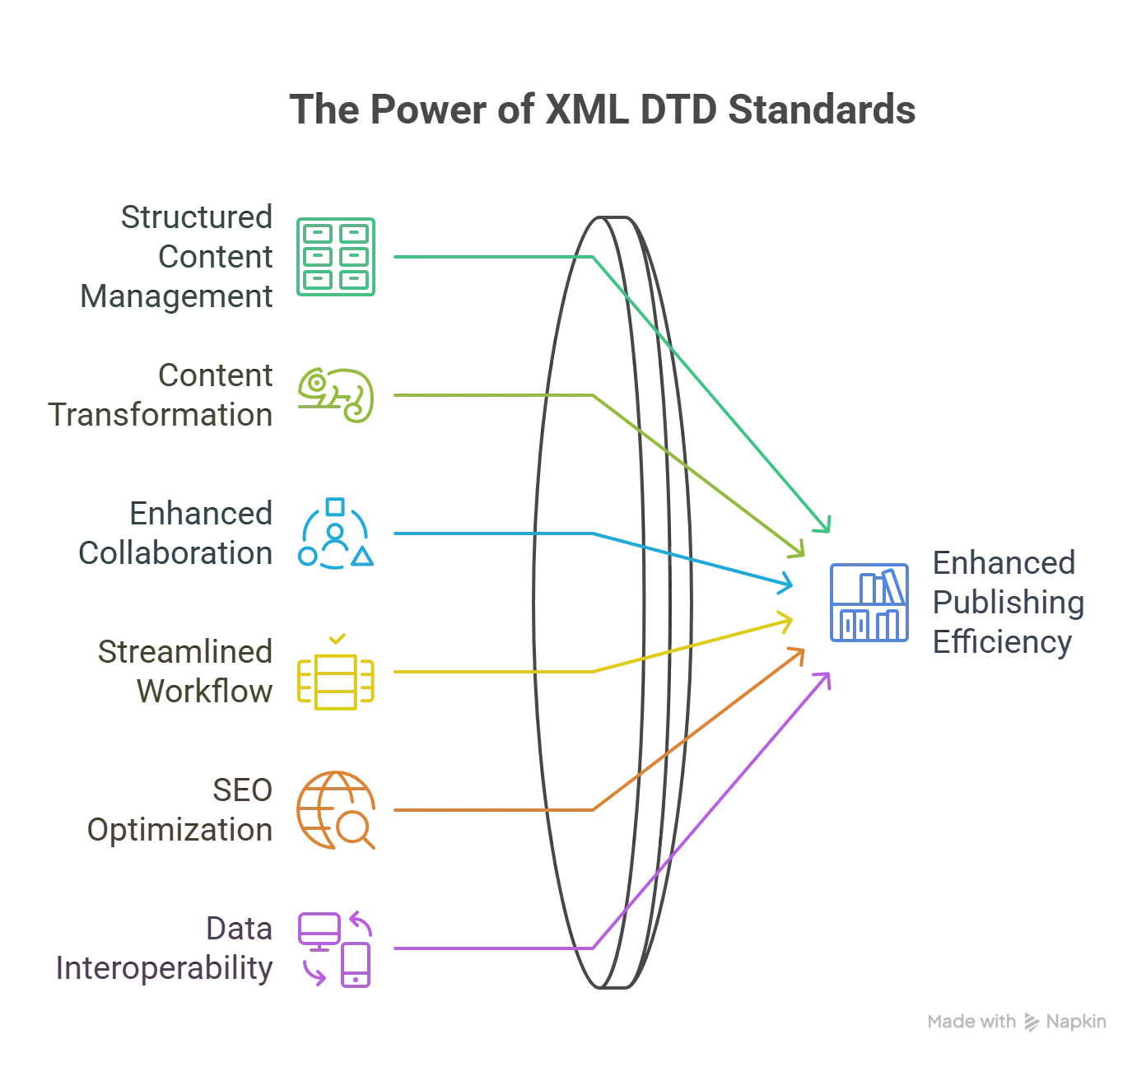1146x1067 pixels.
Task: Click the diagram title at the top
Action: click(x=603, y=110)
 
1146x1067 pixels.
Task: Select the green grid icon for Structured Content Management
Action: click(x=335, y=257)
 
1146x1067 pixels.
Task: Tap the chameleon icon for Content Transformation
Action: click(x=336, y=395)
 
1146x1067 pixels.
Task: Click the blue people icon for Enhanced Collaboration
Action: click(x=335, y=534)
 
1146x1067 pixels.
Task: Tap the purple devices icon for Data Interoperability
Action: click(x=335, y=948)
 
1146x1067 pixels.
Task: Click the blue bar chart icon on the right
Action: click(x=869, y=603)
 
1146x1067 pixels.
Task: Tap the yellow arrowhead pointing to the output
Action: click(x=785, y=620)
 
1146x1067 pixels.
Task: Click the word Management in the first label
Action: click(x=177, y=296)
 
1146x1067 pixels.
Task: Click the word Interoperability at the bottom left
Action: click(x=163, y=968)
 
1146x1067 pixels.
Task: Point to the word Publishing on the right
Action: click(x=1006, y=603)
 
